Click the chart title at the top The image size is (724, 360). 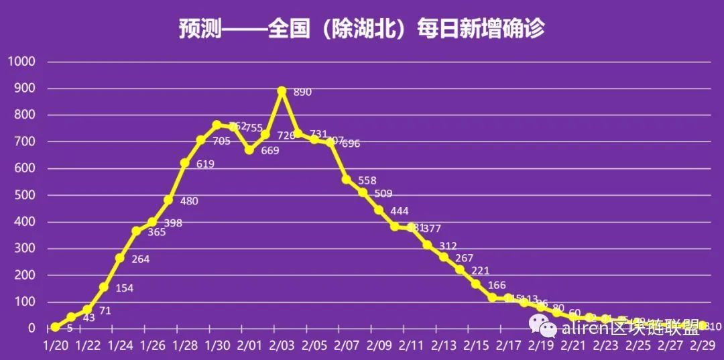pos(361,28)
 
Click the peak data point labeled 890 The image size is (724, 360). pos(282,91)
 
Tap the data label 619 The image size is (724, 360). pos(205,164)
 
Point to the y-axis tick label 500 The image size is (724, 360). pos(24,195)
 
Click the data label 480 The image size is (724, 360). pos(189,200)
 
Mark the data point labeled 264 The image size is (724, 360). pos(120,258)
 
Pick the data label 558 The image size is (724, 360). pos(367,180)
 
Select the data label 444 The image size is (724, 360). pos(400,211)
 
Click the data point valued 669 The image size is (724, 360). pos(249,150)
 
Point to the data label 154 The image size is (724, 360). pos(125,288)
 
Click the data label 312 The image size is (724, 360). pos(448,245)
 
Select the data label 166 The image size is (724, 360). pos(497,286)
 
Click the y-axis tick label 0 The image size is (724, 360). pos(31,328)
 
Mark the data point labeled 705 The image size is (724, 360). pos(200,140)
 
